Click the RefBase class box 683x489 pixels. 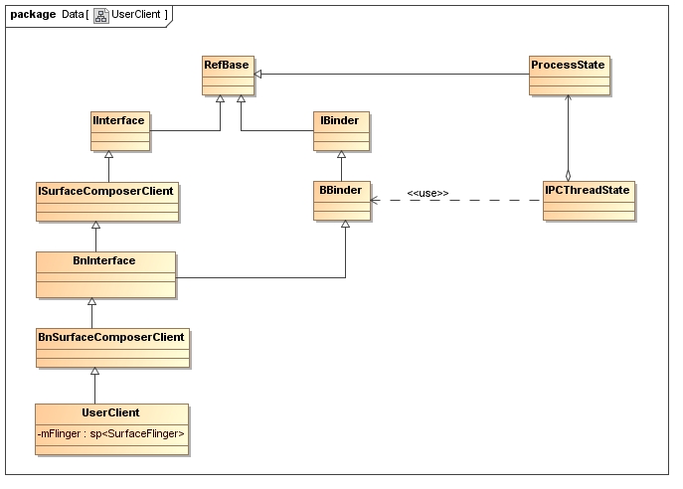click(x=228, y=76)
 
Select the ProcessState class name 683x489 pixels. click(x=568, y=65)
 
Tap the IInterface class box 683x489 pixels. click(x=120, y=131)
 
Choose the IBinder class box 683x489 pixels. click(x=341, y=131)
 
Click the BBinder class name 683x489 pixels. click(x=341, y=190)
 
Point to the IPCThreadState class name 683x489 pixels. click(x=588, y=190)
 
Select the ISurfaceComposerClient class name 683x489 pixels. click(x=105, y=191)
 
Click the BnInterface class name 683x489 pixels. click(x=104, y=260)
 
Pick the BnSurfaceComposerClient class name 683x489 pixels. click(x=111, y=337)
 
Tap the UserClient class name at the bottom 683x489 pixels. click(x=110, y=412)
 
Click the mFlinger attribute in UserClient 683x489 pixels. click(x=110, y=433)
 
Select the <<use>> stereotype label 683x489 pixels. click(x=427, y=193)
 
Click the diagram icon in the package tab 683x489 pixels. click(x=101, y=15)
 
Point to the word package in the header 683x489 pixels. click(x=33, y=14)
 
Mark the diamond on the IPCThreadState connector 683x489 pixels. click(x=568, y=175)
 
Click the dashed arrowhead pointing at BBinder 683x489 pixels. click(x=374, y=201)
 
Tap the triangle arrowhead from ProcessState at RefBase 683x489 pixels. click(x=257, y=74)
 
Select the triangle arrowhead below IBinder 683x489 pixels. click(x=342, y=154)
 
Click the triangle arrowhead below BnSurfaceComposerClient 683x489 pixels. click(x=95, y=371)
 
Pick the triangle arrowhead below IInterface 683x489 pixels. click(x=109, y=154)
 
